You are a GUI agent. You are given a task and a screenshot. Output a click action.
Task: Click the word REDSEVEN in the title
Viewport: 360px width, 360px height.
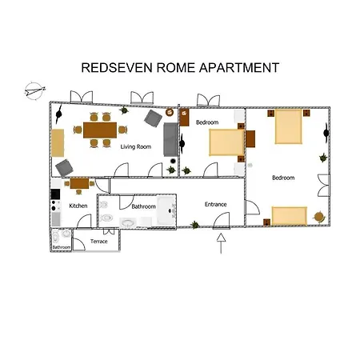117,68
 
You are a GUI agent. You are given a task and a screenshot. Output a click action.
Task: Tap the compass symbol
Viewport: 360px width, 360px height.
34,91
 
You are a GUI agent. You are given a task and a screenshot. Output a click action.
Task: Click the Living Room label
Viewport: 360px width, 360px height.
136,146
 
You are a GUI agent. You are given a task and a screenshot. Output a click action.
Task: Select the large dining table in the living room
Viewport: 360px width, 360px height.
100,130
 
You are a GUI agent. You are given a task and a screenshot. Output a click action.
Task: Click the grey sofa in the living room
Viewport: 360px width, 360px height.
170,139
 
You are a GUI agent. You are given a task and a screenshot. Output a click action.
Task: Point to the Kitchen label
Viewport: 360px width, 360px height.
78,206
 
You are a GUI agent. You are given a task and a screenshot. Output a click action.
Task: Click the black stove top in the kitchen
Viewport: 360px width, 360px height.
55,194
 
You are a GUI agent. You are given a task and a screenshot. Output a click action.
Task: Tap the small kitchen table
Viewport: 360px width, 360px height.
79,183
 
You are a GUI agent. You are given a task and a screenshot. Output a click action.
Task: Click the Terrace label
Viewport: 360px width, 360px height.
99,242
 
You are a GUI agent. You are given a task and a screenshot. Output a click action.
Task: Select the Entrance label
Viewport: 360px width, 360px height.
216,204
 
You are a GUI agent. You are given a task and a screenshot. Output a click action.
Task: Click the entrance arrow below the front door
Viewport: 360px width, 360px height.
221,243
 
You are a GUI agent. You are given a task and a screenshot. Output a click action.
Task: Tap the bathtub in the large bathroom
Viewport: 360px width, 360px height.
166,211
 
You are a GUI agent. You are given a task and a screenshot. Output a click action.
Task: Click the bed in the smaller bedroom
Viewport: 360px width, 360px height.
226,142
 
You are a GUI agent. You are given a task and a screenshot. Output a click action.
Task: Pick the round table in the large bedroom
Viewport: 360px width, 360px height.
319,217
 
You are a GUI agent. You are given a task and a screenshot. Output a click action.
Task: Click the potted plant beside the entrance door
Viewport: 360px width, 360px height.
195,225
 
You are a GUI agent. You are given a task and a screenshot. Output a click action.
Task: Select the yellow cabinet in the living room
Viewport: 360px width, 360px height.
58,143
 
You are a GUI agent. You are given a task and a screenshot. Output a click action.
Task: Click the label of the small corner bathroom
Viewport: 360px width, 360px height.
62,247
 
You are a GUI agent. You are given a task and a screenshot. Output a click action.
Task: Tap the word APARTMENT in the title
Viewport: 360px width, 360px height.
239,68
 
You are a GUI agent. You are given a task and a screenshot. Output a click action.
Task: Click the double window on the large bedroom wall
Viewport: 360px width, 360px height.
324,186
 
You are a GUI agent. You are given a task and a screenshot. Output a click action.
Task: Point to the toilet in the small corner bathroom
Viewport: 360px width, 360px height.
56,236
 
